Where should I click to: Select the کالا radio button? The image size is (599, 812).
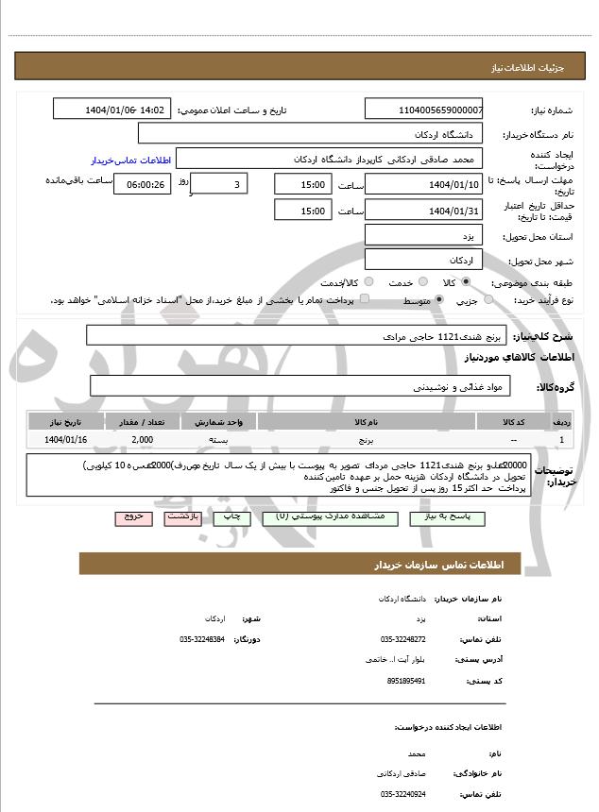[x=465, y=282]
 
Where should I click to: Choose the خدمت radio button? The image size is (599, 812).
[x=421, y=282]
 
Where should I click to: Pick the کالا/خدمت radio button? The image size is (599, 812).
[x=368, y=282]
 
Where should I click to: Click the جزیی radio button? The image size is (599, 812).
[x=488, y=300]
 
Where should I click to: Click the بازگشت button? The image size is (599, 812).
[x=179, y=518]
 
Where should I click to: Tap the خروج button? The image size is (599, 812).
[x=131, y=518]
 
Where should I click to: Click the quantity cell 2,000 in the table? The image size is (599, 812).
[x=143, y=440]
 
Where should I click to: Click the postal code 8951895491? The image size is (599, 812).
[x=406, y=681]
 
